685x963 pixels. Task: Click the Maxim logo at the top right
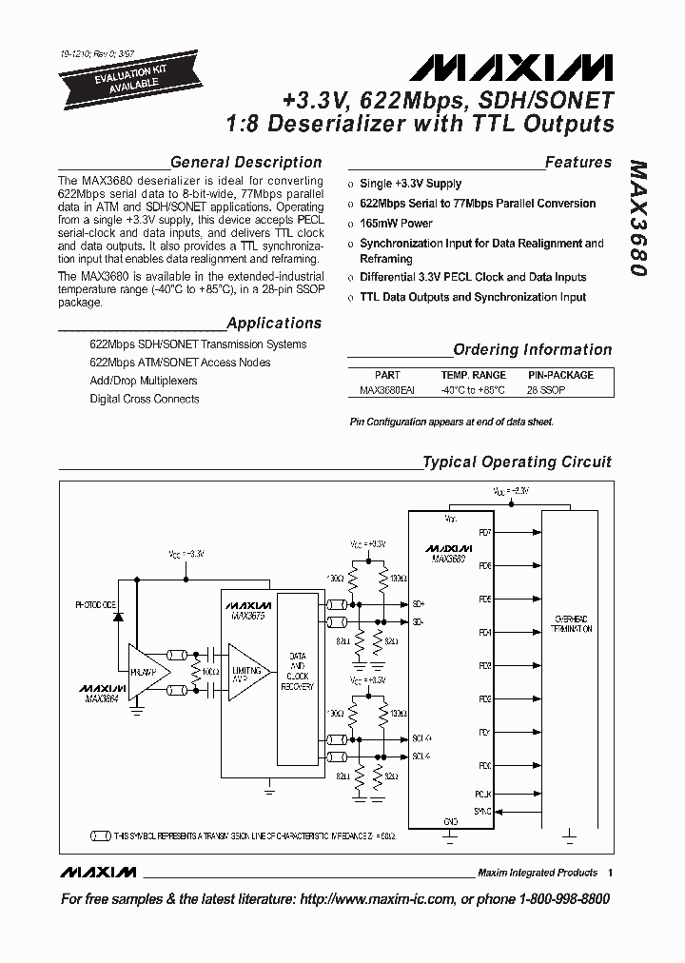[x=512, y=68]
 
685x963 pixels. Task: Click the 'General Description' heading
[x=245, y=162]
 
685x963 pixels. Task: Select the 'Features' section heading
[x=577, y=162]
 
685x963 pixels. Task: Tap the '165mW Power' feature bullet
[x=396, y=224]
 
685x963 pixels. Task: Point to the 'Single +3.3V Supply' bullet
[x=410, y=184]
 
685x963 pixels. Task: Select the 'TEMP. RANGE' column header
[x=473, y=376]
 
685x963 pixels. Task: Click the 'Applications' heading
[x=275, y=324]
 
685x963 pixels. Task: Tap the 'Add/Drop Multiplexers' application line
[x=144, y=381]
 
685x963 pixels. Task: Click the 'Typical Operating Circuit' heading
[x=517, y=462]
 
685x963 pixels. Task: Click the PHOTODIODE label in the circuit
[x=96, y=604]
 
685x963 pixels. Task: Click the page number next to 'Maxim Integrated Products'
[x=610, y=872]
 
